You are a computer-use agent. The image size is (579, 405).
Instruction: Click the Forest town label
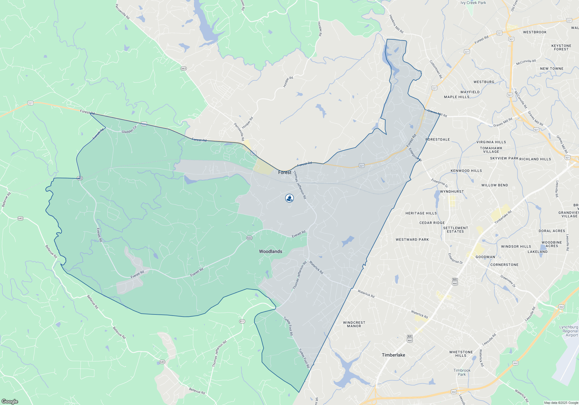pos(285,172)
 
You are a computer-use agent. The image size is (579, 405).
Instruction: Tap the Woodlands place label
pos(270,251)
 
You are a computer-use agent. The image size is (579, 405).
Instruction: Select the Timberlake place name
pos(393,355)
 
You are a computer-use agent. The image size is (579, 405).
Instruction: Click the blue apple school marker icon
pos(289,198)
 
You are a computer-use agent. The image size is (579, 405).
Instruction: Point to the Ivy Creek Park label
pos(473,3)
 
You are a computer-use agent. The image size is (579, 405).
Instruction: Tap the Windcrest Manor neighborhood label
pos(354,324)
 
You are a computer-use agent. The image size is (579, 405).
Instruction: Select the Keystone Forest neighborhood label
pos(561,47)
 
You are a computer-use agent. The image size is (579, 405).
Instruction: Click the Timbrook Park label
pos(462,372)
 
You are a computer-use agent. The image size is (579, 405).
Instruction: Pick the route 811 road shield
pos(242,321)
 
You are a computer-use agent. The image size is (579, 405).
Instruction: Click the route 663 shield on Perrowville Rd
pos(184,69)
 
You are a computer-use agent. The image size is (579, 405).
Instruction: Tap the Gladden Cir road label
pos(129,130)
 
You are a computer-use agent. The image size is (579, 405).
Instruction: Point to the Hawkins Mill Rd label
pos(396,24)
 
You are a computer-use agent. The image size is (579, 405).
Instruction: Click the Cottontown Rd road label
pos(436,69)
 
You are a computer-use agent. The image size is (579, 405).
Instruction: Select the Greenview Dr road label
pos(508,281)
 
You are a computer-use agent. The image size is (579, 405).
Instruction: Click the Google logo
pos(10,401)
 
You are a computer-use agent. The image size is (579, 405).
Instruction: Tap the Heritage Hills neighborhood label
pos(421,213)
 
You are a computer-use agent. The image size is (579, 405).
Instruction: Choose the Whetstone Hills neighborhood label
pos(461,354)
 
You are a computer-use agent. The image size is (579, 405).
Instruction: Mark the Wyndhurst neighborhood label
pos(452,192)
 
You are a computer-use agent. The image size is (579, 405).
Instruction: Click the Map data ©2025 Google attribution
pos(561,403)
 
